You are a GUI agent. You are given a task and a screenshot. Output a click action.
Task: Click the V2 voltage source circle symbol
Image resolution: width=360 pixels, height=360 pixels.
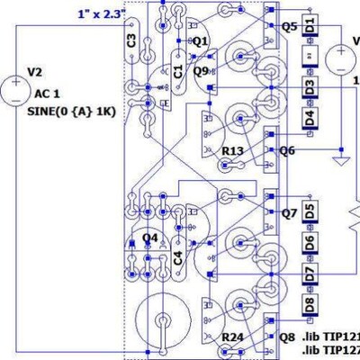tap(16, 88)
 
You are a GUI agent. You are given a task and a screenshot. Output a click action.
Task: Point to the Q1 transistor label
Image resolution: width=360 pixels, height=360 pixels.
tap(200, 41)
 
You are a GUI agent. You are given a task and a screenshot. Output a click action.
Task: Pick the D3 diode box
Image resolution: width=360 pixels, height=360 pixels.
tap(309, 87)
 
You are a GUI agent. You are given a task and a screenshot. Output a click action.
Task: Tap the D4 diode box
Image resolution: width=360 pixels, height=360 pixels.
tap(309, 118)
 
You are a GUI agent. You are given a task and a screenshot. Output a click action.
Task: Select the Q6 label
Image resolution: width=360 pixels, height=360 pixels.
tap(287, 150)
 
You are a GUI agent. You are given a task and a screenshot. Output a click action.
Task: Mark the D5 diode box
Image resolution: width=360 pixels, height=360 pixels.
tap(309, 212)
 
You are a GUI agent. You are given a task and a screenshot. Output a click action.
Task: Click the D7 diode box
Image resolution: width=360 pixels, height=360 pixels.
tap(309, 273)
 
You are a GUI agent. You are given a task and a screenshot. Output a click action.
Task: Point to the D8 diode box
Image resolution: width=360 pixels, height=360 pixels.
tap(309, 303)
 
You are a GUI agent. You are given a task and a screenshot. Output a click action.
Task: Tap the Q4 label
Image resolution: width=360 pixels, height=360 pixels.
tap(150, 238)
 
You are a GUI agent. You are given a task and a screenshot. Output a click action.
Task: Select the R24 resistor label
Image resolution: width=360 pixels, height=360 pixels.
tap(235, 337)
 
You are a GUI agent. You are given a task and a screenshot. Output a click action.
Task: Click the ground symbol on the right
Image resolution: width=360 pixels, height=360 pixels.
tap(340, 161)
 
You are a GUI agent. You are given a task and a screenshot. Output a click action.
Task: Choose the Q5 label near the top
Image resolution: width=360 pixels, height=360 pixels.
tap(289, 26)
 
